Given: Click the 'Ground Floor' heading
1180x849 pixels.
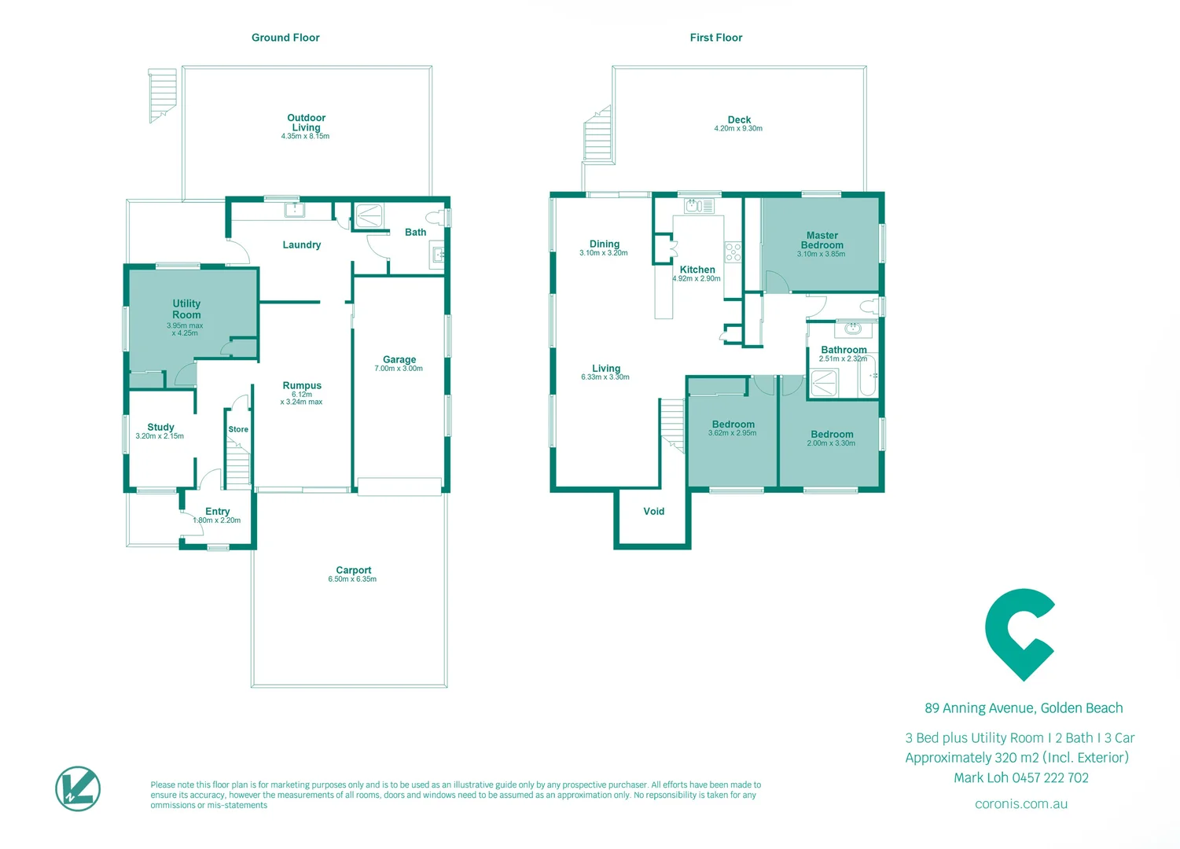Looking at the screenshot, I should [x=285, y=38].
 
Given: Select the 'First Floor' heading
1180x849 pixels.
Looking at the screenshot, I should [x=715, y=38].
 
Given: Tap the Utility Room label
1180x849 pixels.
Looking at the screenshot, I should [x=186, y=309].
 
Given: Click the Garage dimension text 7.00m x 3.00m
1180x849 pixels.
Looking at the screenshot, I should [x=399, y=369].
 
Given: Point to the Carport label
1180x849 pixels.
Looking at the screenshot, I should [x=353, y=570].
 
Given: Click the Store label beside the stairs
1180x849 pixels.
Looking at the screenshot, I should [x=238, y=429].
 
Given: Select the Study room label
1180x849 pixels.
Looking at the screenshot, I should [x=160, y=427].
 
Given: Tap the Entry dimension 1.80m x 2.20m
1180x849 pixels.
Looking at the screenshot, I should [x=217, y=520].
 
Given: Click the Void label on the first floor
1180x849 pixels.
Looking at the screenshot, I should [x=653, y=511].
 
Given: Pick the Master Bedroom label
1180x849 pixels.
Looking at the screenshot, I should [x=822, y=240].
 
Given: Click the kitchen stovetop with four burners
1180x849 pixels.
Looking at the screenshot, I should [x=733, y=252].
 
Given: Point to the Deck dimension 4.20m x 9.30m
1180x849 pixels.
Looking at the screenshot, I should [x=737, y=129].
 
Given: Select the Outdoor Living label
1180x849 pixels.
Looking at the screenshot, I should [x=306, y=123].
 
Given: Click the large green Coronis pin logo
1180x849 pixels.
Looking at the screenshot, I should [x=1020, y=634].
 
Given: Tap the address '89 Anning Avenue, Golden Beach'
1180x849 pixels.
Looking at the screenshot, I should [x=1023, y=708].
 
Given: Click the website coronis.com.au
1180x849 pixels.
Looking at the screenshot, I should [x=1020, y=804].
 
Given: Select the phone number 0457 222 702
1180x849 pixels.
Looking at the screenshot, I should [x=1050, y=778].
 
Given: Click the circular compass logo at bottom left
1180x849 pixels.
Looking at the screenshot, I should [x=78, y=788].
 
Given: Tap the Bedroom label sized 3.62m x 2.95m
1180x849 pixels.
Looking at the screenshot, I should [x=733, y=424].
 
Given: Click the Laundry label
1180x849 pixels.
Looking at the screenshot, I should [x=301, y=245].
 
